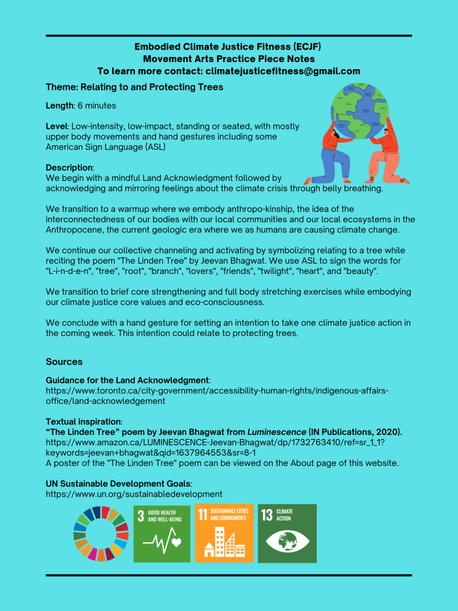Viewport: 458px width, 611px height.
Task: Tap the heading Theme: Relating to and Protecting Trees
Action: (x=134, y=87)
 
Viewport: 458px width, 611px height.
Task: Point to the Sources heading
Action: (x=64, y=362)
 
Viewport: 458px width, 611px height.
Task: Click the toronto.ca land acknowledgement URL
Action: (x=217, y=396)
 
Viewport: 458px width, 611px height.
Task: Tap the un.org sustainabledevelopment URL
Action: (x=134, y=494)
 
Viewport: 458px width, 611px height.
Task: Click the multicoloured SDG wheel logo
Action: (x=101, y=533)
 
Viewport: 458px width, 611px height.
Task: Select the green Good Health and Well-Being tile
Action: (x=162, y=533)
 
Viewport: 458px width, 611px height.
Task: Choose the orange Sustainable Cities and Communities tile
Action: (x=224, y=533)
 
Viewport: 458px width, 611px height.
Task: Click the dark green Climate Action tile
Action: (x=287, y=533)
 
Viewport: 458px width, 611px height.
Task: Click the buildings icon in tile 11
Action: (x=224, y=543)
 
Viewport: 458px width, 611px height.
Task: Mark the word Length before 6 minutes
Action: (x=60, y=106)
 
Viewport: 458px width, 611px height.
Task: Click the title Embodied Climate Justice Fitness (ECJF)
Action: (x=229, y=47)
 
